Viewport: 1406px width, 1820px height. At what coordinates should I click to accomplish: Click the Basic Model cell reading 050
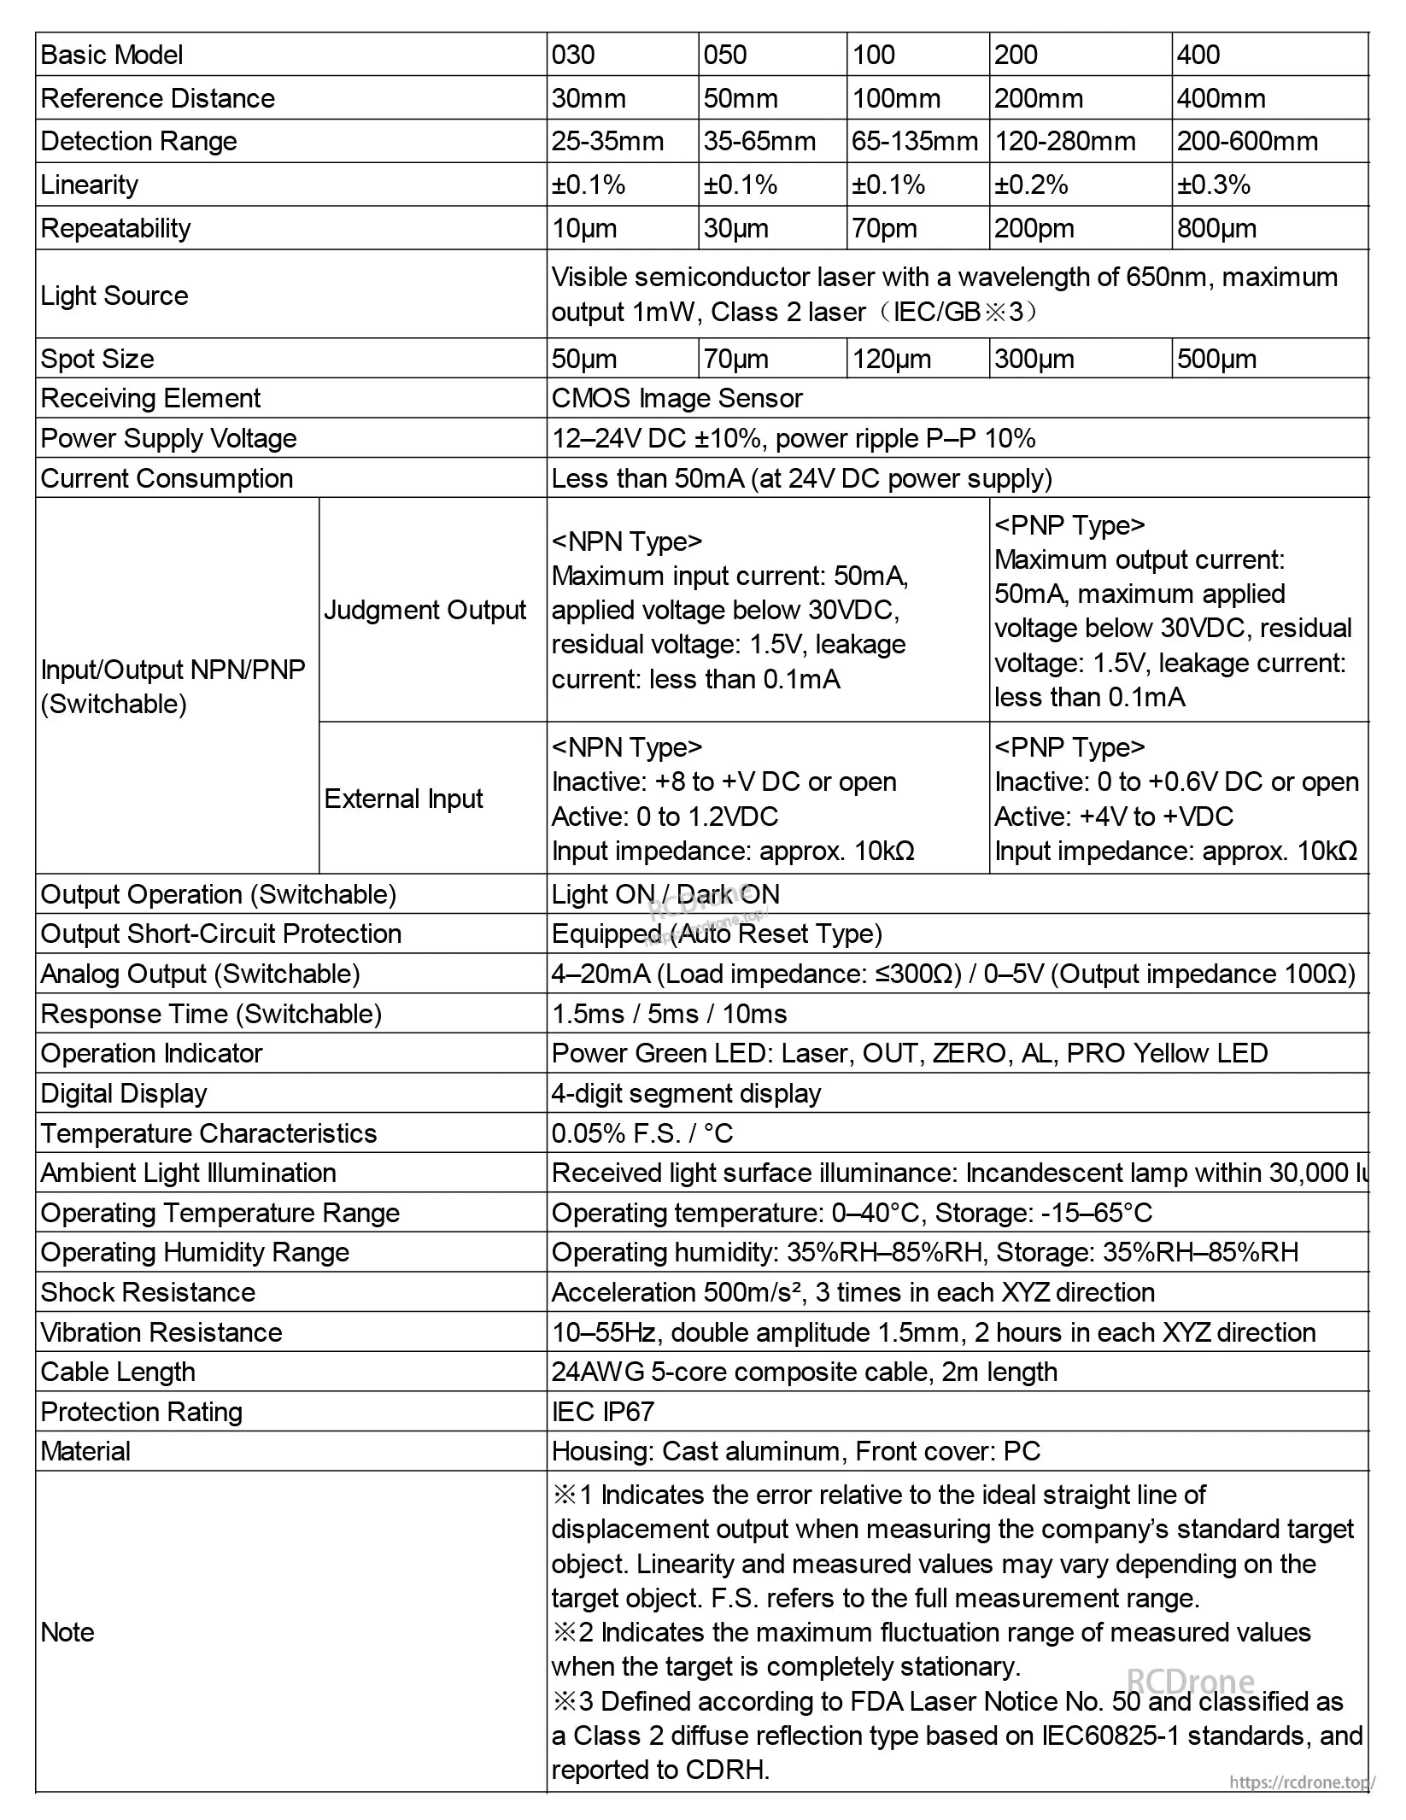725,55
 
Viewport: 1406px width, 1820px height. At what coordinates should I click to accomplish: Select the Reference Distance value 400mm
1221,98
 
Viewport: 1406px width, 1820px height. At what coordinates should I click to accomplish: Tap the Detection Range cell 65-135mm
915,141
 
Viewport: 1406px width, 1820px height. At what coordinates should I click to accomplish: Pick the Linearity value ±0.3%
1214,184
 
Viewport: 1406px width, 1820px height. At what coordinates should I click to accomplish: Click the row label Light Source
114,296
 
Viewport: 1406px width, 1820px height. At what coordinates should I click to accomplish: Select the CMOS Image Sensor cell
677,398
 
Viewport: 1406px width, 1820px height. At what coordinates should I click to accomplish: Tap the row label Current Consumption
167,478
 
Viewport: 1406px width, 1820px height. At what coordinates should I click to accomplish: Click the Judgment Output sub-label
425,610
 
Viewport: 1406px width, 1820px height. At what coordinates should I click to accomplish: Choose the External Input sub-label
403,799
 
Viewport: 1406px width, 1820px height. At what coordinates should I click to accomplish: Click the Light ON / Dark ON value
665,894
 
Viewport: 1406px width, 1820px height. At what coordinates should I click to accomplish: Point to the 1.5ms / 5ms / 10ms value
669,1014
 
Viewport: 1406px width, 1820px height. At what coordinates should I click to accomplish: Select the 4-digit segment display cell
686,1093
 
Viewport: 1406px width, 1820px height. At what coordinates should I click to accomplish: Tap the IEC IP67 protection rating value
602,1412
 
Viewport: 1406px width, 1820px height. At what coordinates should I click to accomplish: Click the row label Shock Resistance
148,1292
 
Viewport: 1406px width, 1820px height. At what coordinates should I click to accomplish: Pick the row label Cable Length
118,1372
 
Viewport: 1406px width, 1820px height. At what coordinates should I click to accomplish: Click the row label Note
67,1632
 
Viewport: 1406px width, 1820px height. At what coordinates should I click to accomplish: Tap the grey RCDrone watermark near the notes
1190,1681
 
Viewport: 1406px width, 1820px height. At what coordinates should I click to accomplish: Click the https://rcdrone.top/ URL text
1301,1782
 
